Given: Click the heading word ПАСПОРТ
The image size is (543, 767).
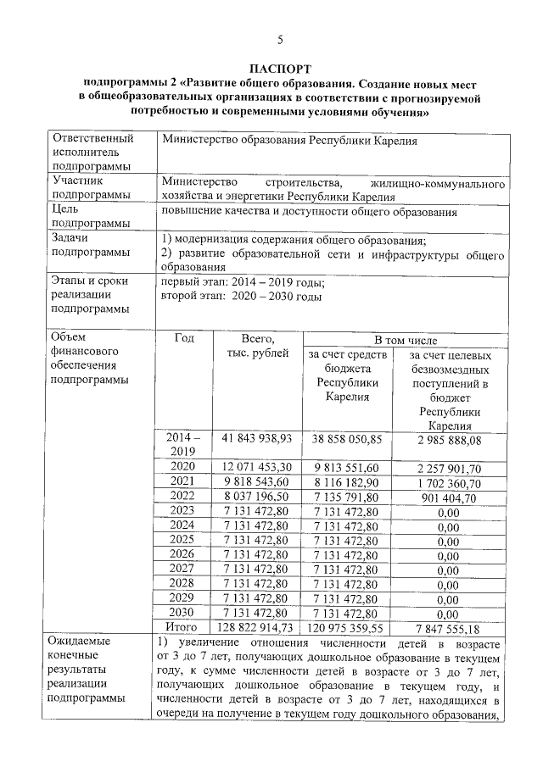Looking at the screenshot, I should (x=280, y=69).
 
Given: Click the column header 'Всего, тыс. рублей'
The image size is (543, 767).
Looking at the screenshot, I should (x=256, y=346).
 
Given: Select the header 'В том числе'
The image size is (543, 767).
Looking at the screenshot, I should (x=406, y=339).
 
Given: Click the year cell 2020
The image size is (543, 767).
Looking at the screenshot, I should (x=183, y=467).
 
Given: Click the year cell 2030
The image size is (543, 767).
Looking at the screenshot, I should (x=183, y=612).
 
